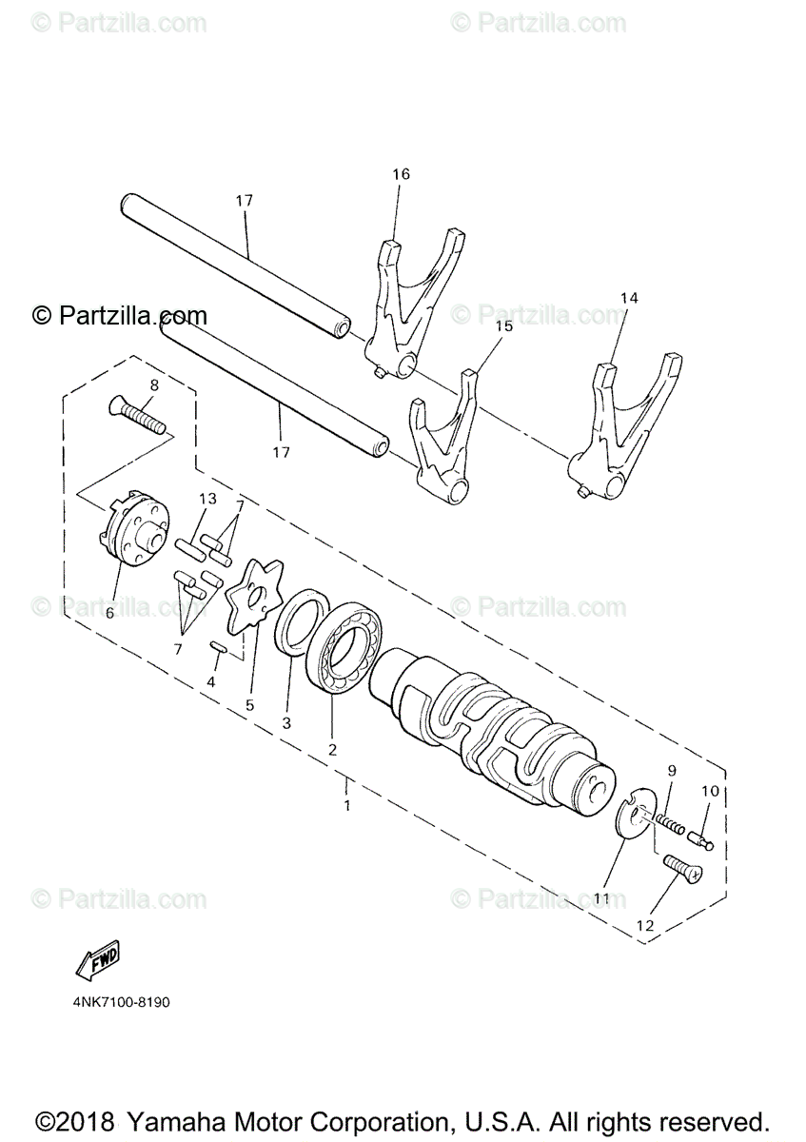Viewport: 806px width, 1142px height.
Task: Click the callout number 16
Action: click(x=401, y=174)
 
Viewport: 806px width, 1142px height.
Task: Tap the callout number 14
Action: click(x=628, y=298)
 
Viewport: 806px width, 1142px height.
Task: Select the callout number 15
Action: click(x=503, y=325)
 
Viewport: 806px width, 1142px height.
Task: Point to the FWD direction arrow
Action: click(x=98, y=959)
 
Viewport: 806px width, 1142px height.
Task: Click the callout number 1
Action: click(x=347, y=805)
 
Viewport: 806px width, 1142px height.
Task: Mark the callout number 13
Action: click(x=207, y=500)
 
